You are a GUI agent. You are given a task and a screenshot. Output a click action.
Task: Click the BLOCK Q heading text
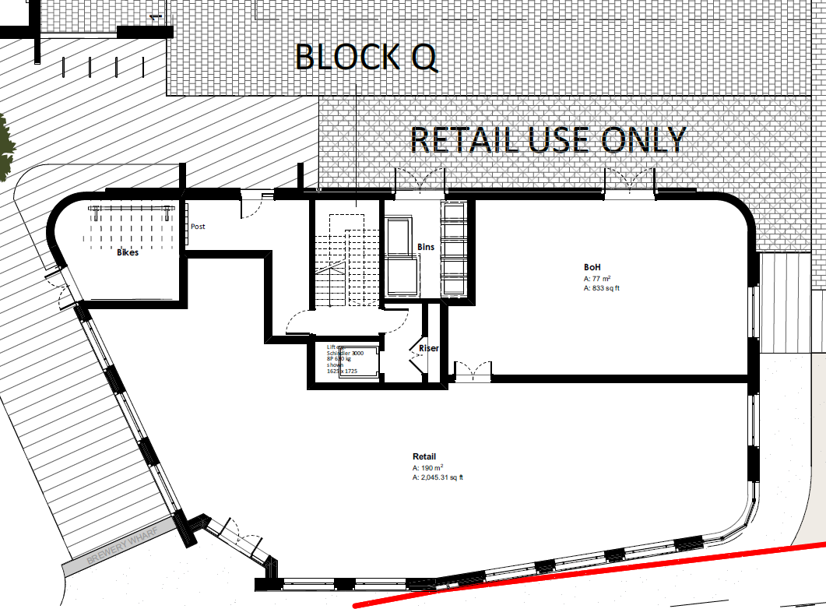366,57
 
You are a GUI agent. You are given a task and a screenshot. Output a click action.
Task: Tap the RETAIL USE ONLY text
547,140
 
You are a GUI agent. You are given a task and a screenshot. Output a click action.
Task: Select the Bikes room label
128,252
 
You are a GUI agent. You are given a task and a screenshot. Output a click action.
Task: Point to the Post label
198,227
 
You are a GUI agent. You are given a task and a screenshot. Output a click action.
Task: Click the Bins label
426,247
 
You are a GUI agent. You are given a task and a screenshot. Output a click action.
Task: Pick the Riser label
429,348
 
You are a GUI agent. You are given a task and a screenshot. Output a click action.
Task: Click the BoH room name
592,267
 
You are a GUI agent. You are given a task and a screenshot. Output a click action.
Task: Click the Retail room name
424,457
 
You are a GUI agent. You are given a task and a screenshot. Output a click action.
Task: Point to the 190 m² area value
428,468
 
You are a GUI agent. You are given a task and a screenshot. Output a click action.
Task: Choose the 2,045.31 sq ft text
439,477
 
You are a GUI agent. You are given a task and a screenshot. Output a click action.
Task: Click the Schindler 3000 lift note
346,353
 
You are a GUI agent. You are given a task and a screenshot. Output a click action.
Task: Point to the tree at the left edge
6,148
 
